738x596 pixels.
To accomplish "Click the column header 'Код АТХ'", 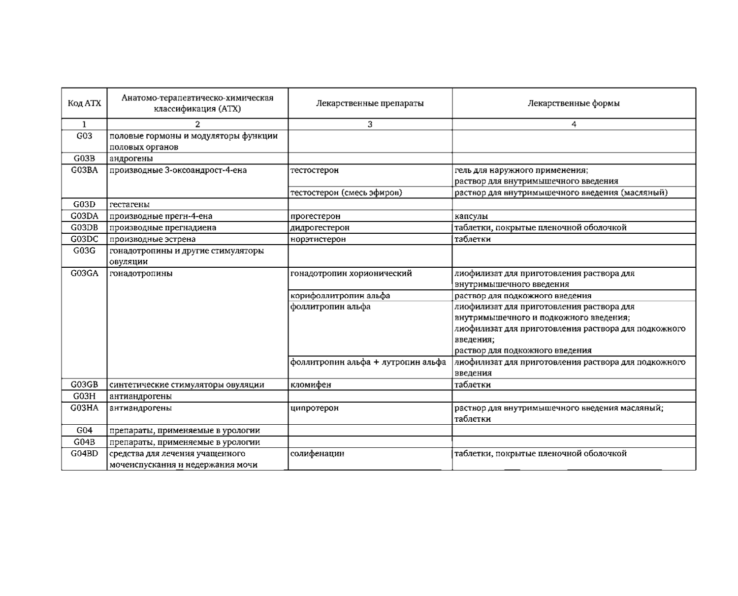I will (84, 103).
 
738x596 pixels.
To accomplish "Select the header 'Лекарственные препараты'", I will (369, 103).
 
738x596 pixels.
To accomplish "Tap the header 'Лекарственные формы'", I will (574, 103).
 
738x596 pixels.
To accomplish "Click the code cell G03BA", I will (84, 170).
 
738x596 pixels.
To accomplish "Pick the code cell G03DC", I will (84, 239).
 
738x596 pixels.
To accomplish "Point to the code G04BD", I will (84, 453).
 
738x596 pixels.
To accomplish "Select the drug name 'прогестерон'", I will (315, 216).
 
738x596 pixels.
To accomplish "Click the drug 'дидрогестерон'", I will (320, 228).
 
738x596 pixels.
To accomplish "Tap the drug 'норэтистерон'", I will (318, 239).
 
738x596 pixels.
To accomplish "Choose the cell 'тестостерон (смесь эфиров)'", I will (346, 192).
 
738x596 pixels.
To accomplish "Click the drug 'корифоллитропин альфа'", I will (340, 296).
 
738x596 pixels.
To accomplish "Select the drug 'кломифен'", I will (311, 385).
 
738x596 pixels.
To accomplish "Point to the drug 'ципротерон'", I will (315, 408).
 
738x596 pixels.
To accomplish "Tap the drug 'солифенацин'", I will (317, 453).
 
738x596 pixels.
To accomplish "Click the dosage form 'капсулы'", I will (471, 216).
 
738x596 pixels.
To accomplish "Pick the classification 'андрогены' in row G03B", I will (131, 158).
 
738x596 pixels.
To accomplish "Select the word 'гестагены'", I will (129, 204).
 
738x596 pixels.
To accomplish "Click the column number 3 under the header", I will (370, 125).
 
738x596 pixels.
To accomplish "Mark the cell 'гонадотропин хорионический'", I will (351, 273).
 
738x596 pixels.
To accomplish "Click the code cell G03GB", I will (84, 385).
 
